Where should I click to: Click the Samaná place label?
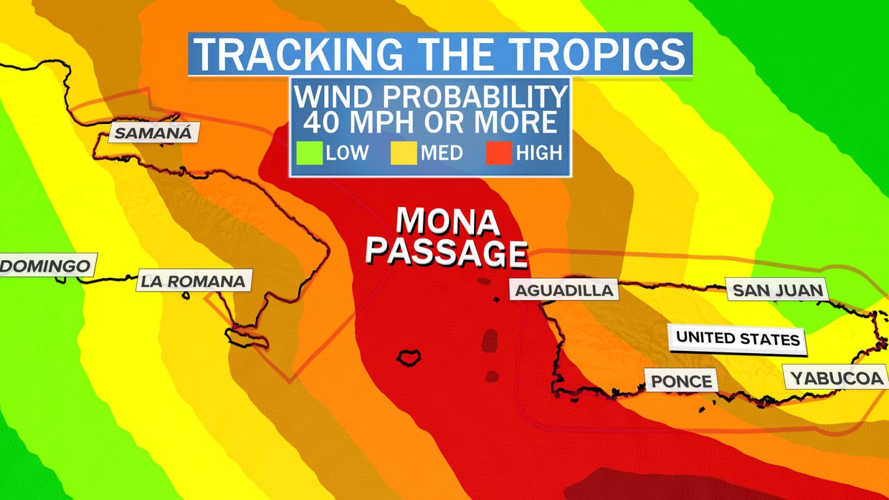(153, 133)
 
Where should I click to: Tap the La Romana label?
(193, 281)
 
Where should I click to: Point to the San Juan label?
(777, 290)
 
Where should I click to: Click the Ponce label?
(682, 380)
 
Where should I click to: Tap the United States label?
(738, 338)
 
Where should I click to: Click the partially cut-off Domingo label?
(45, 266)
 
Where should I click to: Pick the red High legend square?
(500, 153)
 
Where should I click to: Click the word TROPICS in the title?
(565, 54)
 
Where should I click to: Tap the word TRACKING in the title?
(292, 54)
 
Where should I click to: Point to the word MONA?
(447, 223)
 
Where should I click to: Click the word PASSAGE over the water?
(447, 252)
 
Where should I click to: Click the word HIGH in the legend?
(538, 153)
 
